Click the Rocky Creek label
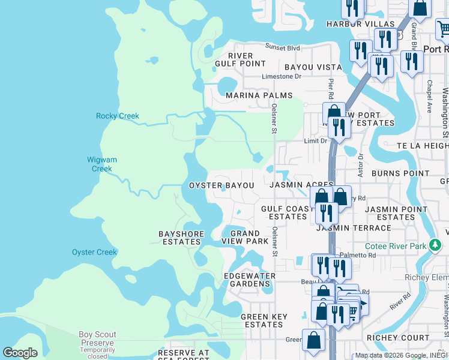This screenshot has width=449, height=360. (x=118, y=116)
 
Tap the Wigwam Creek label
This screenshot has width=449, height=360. (x=102, y=164)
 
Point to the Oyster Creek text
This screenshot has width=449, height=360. (x=94, y=252)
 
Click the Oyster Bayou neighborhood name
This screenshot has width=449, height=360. (x=221, y=186)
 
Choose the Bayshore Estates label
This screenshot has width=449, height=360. (x=181, y=238)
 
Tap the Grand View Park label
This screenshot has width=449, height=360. (x=246, y=237)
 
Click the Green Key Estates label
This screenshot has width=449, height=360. (x=261, y=320)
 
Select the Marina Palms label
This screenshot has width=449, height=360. (x=259, y=95)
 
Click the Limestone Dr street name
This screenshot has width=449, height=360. (x=281, y=76)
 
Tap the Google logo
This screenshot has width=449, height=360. (x=20, y=353)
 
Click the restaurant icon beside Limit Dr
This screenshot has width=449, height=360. (x=339, y=128)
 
